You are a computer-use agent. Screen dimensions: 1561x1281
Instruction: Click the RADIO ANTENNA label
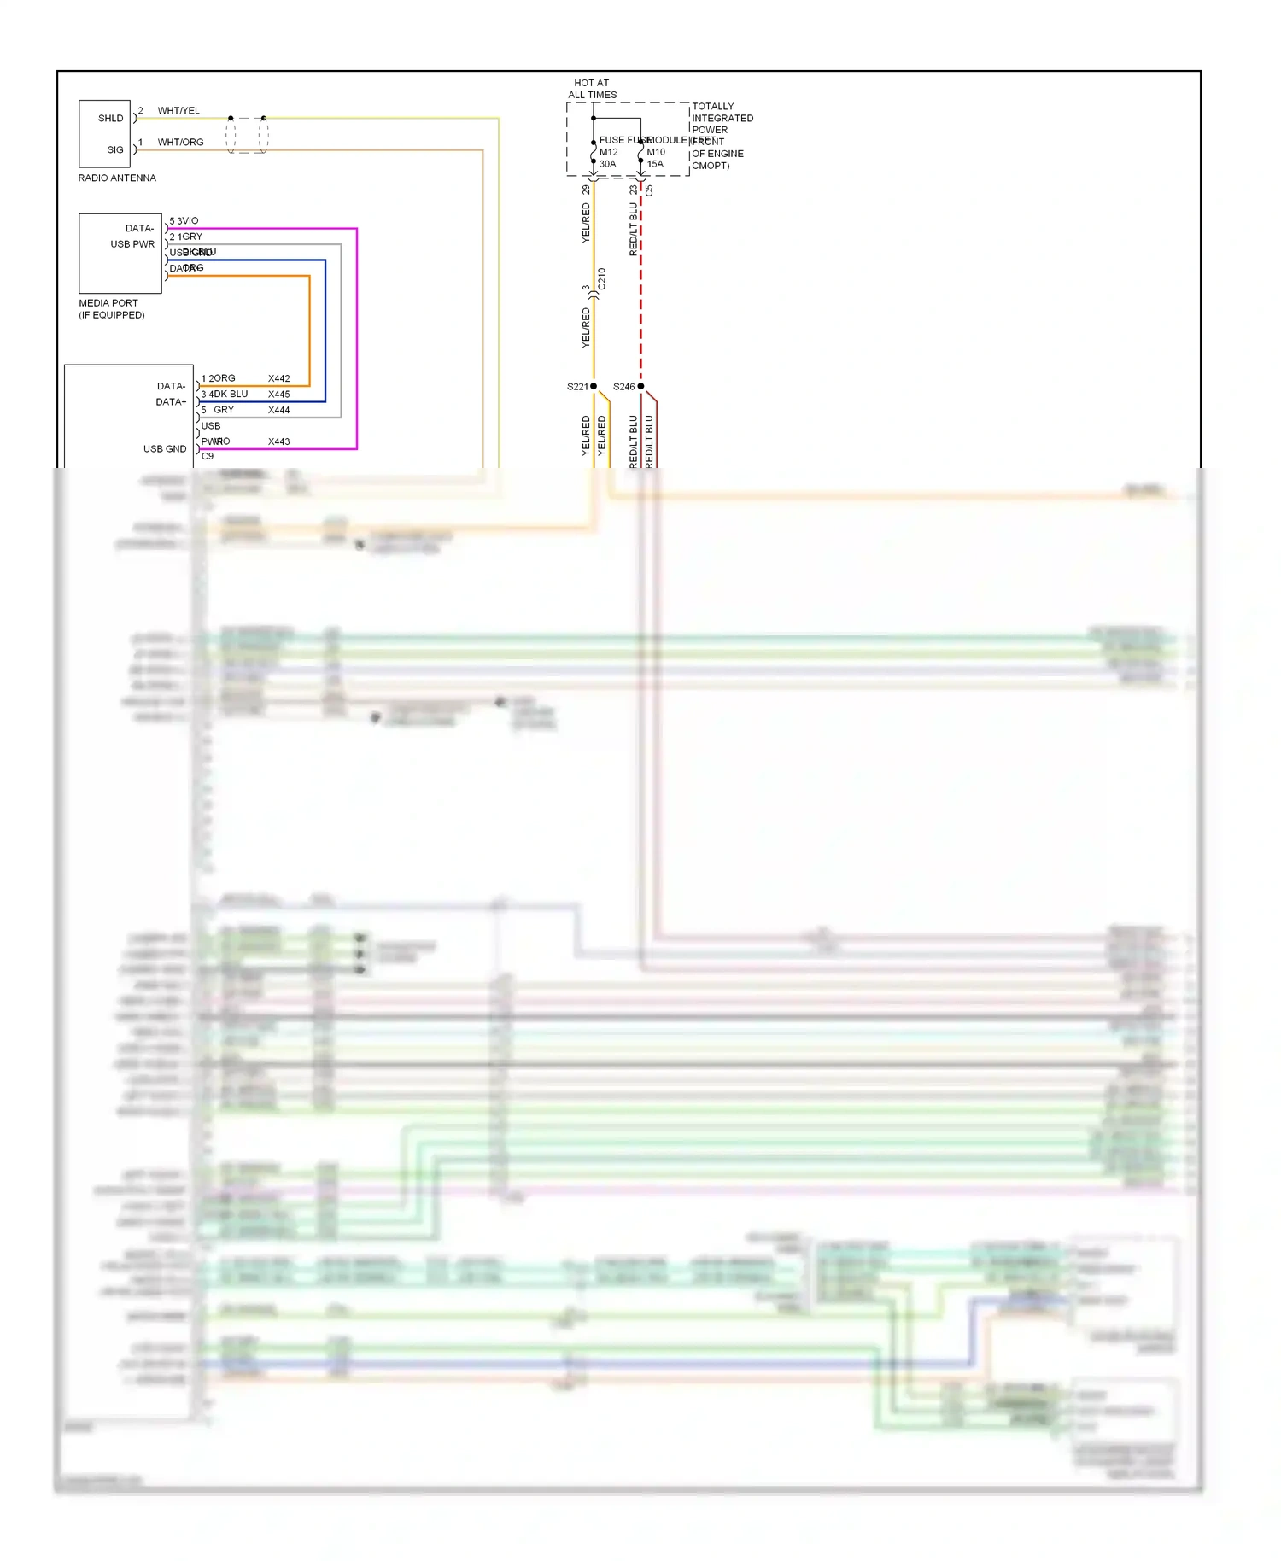click(117, 178)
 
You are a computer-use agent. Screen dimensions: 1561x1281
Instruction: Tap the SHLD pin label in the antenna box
click(110, 118)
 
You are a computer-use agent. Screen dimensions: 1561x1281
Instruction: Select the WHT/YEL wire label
click(178, 110)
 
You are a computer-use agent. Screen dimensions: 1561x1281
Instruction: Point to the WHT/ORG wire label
click(180, 142)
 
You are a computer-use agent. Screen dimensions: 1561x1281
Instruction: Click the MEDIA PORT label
click(108, 303)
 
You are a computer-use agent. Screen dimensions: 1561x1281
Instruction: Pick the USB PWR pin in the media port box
click(132, 244)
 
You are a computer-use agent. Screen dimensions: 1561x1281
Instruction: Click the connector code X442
click(278, 378)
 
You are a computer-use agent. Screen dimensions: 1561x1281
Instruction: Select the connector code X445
click(278, 395)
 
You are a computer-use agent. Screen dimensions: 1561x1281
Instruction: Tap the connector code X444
click(278, 410)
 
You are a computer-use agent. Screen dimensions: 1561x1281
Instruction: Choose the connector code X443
click(278, 441)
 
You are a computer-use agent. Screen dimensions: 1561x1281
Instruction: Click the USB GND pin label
click(165, 448)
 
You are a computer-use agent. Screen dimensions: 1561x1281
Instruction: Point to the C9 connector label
click(208, 456)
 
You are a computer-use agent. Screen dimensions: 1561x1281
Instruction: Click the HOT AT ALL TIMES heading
click(592, 89)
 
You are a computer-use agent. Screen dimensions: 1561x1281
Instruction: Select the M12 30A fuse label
click(608, 158)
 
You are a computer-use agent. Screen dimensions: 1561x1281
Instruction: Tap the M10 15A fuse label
click(655, 158)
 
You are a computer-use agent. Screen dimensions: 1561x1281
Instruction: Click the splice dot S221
click(594, 386)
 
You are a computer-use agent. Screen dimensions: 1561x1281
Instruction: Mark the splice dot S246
click(640, 386)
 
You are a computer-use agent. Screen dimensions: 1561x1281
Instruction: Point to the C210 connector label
click(601, 278)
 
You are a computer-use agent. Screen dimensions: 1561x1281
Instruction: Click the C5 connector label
click(649, 190)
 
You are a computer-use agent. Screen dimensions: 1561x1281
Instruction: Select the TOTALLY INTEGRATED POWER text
click(722, 118)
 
